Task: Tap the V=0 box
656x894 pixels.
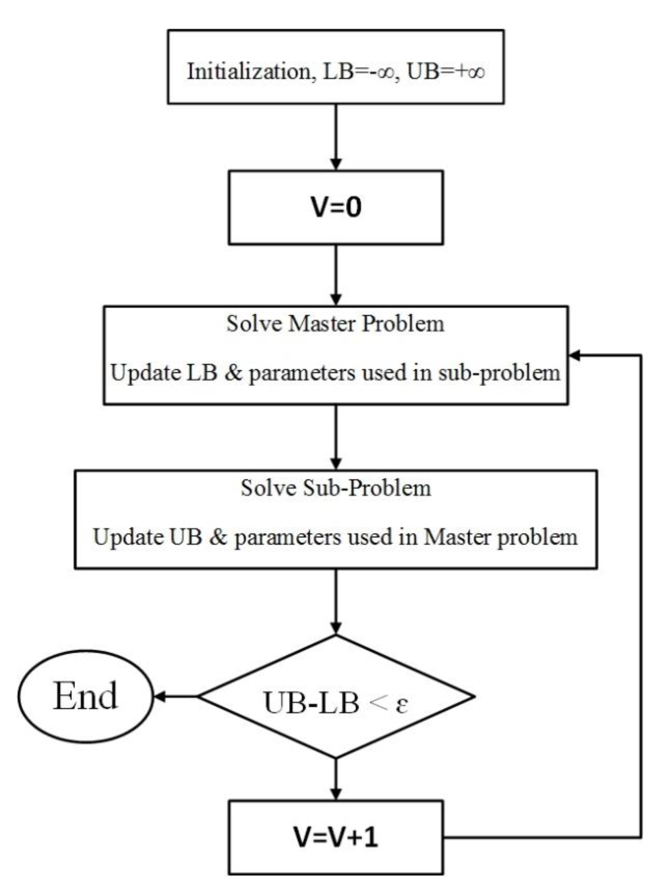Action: coord(336,207)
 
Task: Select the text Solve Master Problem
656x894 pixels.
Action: coord(336,324)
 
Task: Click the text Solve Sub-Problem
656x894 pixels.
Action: coord(336,488)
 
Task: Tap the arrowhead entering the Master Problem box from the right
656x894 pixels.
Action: coord(574,356)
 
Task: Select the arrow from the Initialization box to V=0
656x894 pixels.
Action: coord(336,137)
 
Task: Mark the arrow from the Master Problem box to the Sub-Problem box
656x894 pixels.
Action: coord(336,437)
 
